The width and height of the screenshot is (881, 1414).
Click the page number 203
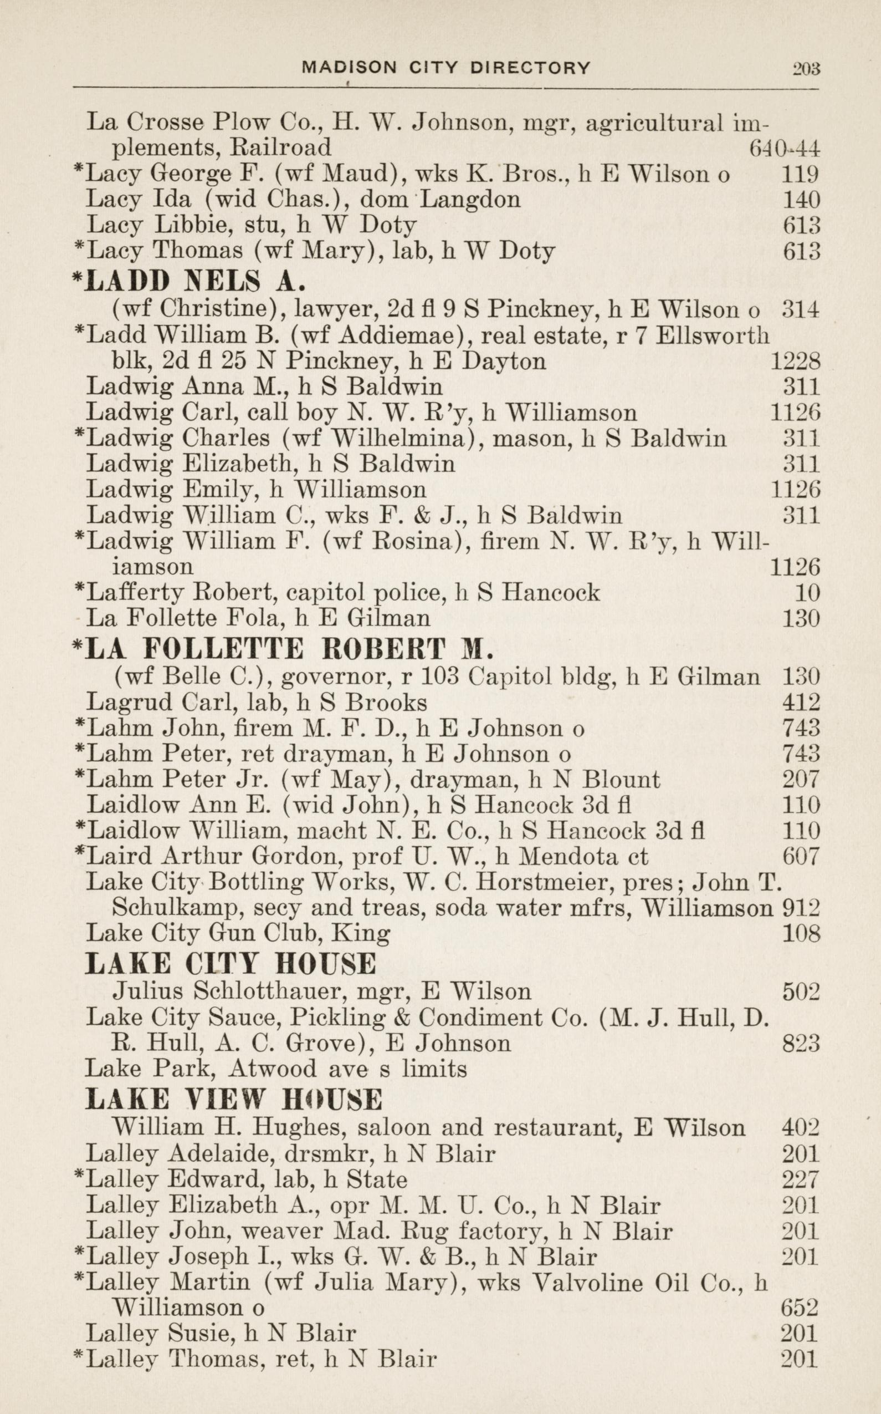click(806, 69)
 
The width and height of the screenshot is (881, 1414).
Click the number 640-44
click(784, 149)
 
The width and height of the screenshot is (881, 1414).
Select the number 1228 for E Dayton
click(795, 362)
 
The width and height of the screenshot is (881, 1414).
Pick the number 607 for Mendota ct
click(801, 856)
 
